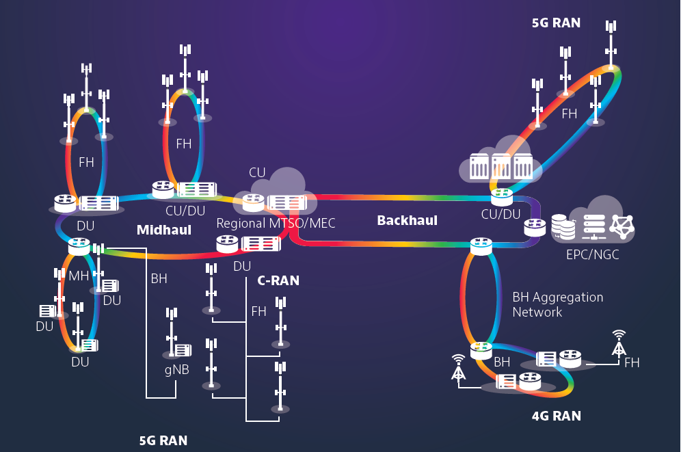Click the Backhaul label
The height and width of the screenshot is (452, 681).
(x=407, y=221)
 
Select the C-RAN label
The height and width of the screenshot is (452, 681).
(x=278, y=280)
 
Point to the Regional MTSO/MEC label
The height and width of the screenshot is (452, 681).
(x=276, y=224)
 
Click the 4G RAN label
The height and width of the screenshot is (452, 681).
(x=556, y=416)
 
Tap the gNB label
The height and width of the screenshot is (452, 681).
(x=176, y=370)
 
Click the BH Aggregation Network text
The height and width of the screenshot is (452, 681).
(x=557, y=304)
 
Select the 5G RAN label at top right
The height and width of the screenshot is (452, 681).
(x=556, y=23)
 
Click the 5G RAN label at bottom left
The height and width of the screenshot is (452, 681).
(x=163, y=440)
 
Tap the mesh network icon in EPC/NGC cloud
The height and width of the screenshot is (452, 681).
(x=622, y=226)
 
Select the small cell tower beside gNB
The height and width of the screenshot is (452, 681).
(x=171, y=332)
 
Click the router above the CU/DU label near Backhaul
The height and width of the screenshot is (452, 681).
(x=502, y=197)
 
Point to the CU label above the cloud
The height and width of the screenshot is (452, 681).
(x=257, y=173)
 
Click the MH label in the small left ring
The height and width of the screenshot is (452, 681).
(x=79, y=276)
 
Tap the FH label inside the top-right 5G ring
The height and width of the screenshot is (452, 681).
(x=570, y=114)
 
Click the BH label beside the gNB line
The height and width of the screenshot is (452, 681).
(x=159, y=279)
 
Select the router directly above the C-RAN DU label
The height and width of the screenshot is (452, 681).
(x=227, y=243)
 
